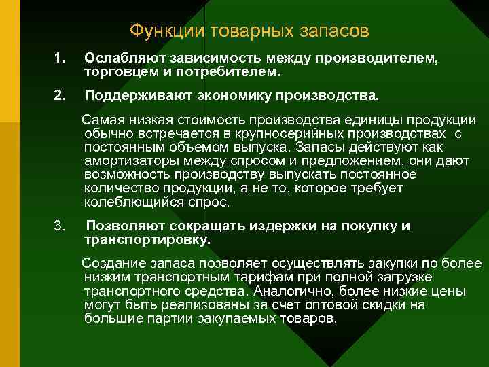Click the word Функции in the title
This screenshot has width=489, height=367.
click(158, 32)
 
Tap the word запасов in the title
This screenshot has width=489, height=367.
click(331, 32)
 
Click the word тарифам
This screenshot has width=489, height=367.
click(257, 277)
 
